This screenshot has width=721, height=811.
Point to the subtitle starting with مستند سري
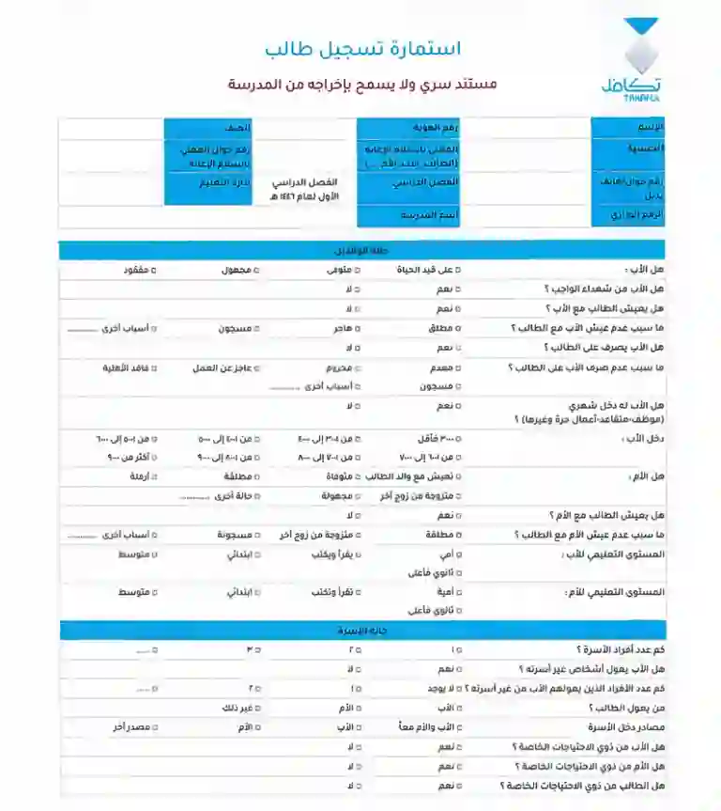tap(362, 84)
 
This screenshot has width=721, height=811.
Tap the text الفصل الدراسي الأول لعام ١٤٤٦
tap(305, 189)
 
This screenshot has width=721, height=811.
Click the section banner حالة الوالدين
tap(361, 251)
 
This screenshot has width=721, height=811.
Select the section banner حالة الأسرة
tap(361, 630)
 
